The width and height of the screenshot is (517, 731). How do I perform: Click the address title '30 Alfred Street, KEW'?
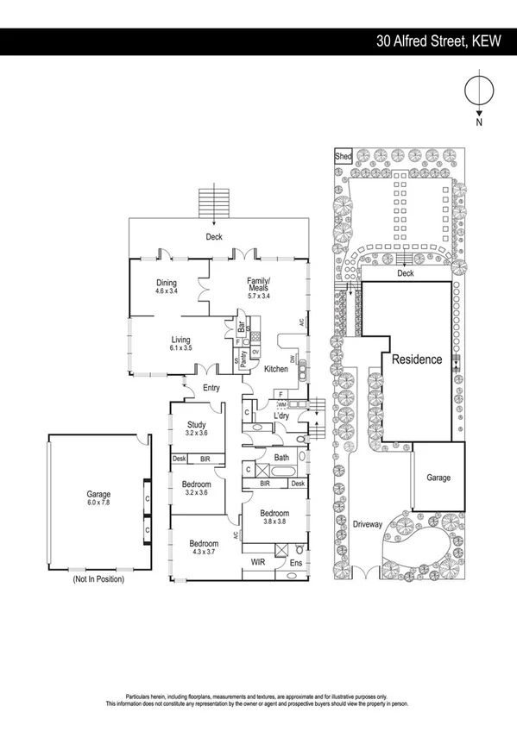click(438, 41)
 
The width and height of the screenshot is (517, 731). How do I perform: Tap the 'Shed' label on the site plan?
click(343, 156)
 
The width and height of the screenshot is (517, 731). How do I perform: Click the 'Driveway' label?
click(369, 523)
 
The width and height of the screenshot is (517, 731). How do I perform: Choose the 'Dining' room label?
click(167, 283)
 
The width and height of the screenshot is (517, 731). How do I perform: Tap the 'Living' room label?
click(180, 340)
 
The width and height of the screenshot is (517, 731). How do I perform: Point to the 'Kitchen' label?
click(276, 369)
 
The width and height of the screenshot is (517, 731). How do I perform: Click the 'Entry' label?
click(211, 388)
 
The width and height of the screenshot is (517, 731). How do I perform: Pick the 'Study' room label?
click(197, 423)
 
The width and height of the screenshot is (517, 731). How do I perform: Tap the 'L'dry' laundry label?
click(281, 416)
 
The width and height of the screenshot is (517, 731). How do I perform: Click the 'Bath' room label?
click(281, 457)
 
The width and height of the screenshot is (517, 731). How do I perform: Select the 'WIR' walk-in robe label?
click(257, 561)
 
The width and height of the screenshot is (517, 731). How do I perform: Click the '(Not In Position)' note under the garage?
click(98, 579)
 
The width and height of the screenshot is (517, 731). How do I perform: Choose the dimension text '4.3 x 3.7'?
click(204, 553)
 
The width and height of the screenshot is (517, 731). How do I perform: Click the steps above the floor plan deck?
click(213, 203)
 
